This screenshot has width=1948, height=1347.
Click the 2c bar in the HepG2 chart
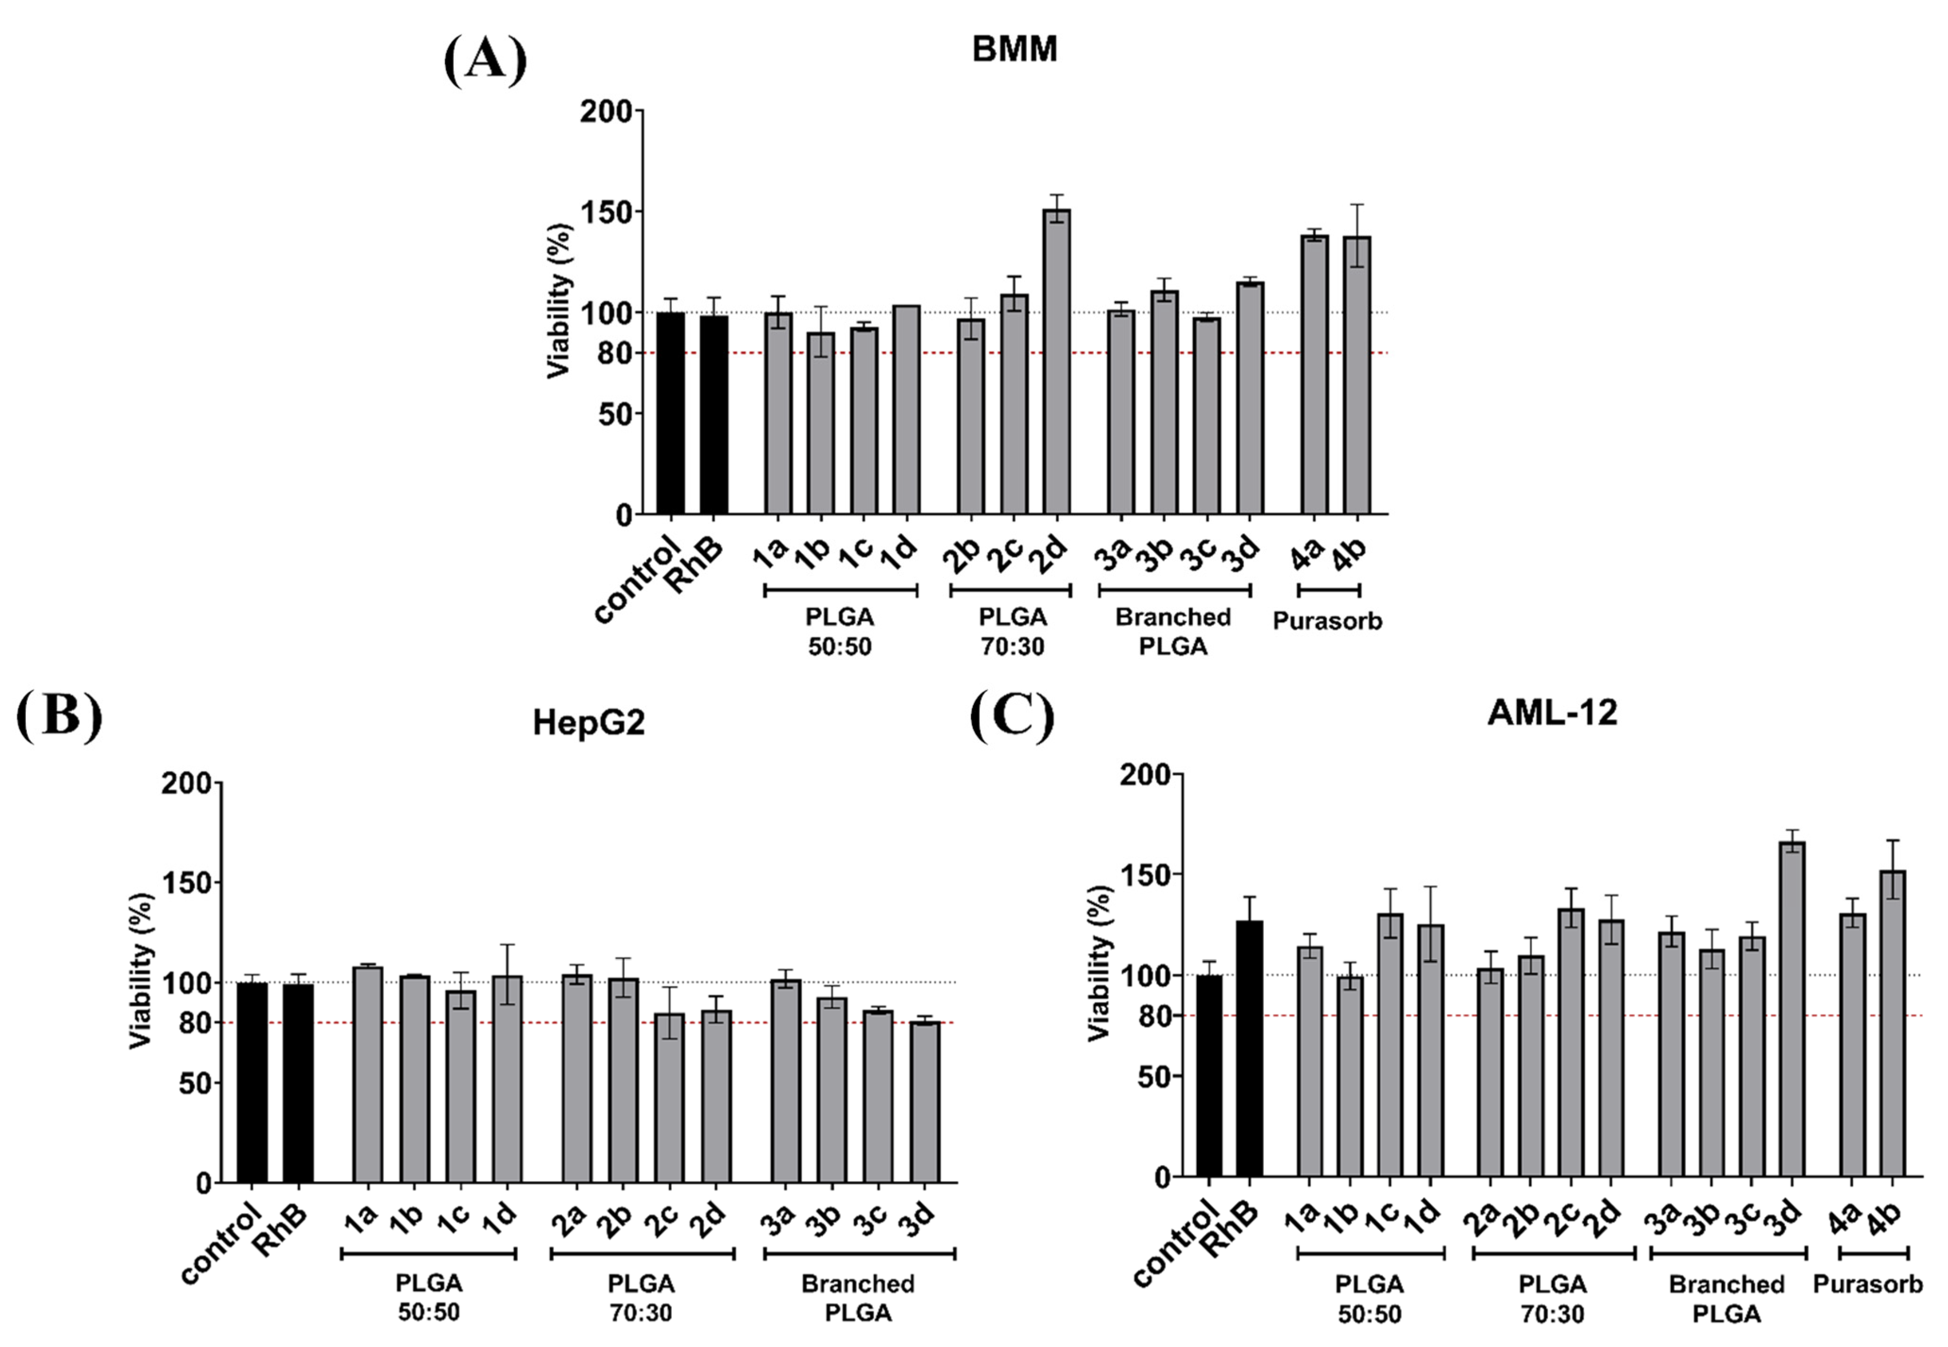(x=669, y=1097)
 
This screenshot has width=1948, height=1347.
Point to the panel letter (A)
(x=484, y=61)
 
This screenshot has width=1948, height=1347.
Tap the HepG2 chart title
(x=588, y=723)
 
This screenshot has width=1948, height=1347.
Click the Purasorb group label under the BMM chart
(x=1327, y=621)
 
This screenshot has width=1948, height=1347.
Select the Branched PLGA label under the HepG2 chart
(x=858, y=1298)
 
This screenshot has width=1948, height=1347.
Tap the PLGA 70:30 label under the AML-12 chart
(x=1552, y=1298)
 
